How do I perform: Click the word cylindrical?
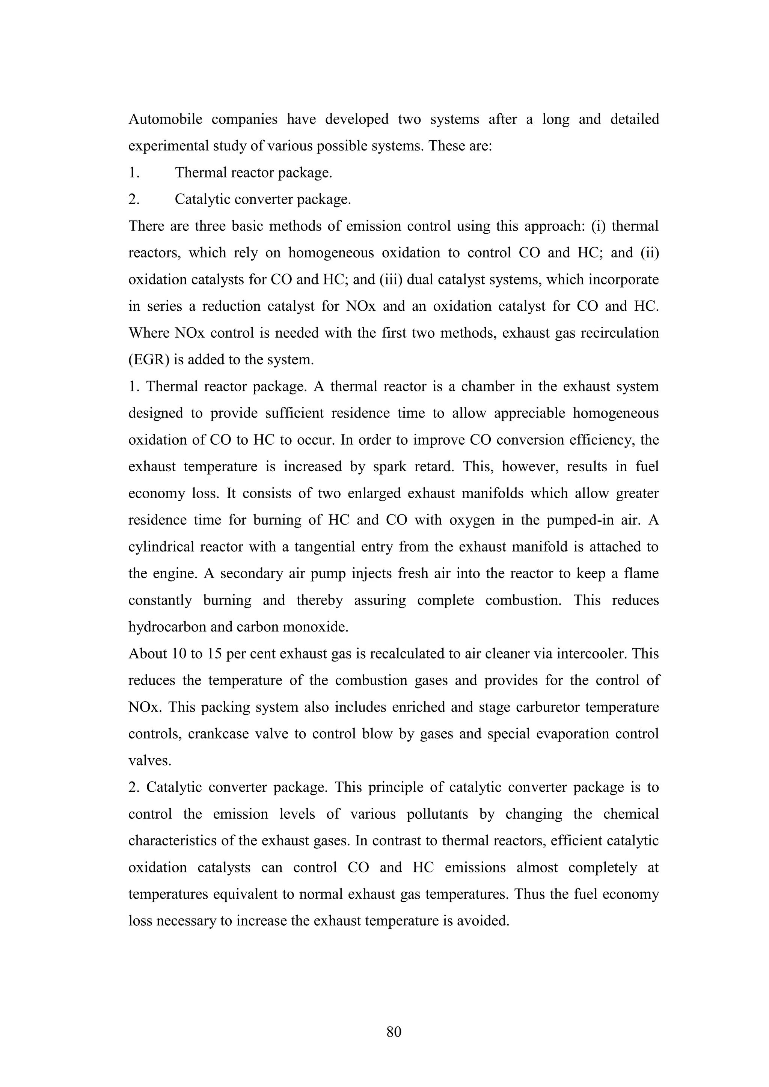click(x=159, y=547)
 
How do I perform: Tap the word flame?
click(x=641, y=574)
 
